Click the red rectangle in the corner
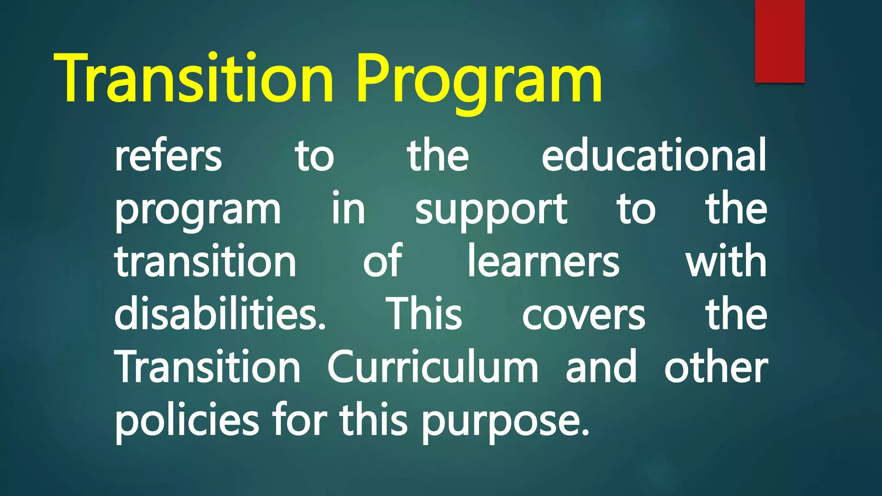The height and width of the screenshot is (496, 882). (x=780, y=41)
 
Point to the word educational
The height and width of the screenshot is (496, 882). (x=654, y=155)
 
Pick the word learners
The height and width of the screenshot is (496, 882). (x=543, y=261)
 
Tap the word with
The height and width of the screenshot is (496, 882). (x=726, y=260)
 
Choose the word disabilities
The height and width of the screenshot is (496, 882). (x=220, y=314)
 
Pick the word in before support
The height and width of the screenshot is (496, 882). (x=348, y=209)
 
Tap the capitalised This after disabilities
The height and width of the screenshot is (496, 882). (x=425, y=314)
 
